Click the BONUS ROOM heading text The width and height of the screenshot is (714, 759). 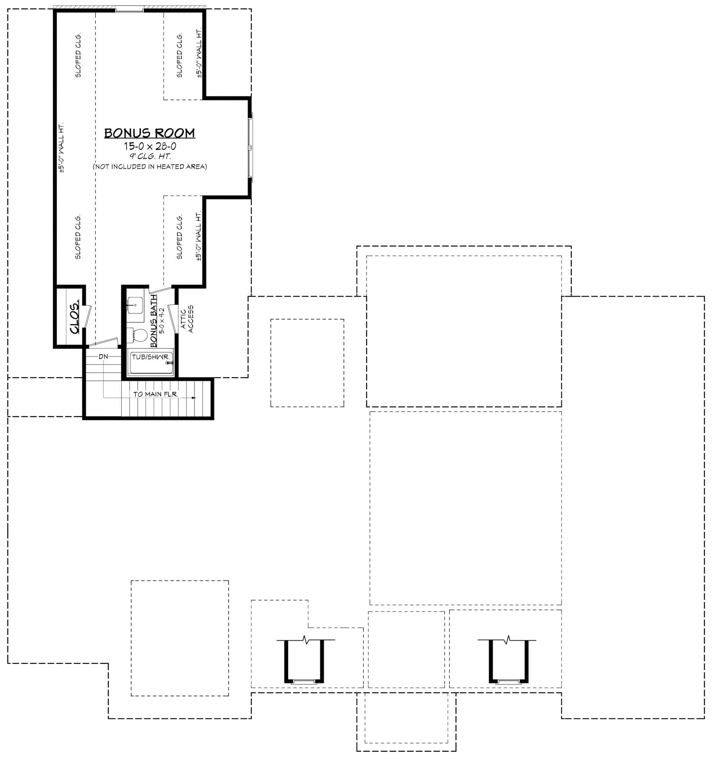coord(149,133)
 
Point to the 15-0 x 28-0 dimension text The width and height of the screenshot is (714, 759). coord(150,146)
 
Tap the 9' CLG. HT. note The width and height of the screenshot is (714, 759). coord(150,156)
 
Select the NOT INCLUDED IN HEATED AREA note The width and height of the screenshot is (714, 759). coord(150,166)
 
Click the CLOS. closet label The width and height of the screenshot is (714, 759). coord(75,316)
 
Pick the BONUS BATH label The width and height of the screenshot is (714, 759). coord(153,321)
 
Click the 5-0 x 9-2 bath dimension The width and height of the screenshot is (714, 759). coord(162,321)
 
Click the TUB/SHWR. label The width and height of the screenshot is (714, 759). coord(150,357)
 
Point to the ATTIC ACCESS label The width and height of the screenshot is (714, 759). coord(187,319)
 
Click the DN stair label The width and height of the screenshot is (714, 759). coord(103,357)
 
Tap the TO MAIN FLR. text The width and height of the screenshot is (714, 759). coord(155,394)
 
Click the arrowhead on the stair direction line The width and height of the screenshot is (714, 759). coord(194,398)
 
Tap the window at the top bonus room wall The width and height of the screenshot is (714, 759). coord(129,10)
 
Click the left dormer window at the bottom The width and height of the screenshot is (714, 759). coord(304,682)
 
